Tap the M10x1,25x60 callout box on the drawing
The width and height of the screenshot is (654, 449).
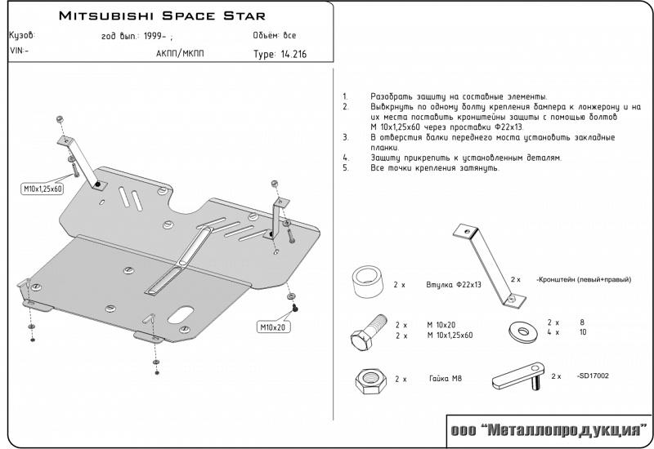pos(43,189)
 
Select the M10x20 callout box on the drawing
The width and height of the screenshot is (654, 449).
pos(275,327)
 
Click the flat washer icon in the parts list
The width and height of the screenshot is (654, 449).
pos(518,331)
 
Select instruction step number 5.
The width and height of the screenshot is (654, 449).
pos(346,167)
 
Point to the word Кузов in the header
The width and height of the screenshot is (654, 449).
pos(21,37)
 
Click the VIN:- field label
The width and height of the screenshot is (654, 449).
pos(18,51)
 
